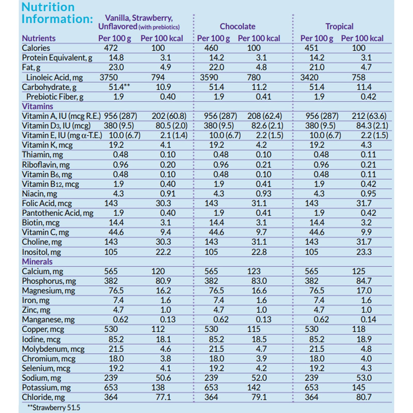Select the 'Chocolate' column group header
point(237,26)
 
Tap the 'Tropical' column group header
point(339,26)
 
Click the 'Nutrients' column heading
point(39,38)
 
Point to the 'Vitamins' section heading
point(37,106)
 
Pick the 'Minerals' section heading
point(37,261)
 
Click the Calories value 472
point(111,48)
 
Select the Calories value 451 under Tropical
point(312,48)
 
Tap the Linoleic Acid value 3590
point(209,77)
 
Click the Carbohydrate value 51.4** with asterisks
point(119,87)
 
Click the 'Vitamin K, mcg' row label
point(47,145)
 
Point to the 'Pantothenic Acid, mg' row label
point(58,213)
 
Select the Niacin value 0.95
point(368,194)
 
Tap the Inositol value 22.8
point(259,252)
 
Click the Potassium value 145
point(359,387)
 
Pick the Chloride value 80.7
point(364,397)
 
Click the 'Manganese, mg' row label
point(48,320)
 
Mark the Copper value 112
point(158,329)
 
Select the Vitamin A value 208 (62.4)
point(265,116)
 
